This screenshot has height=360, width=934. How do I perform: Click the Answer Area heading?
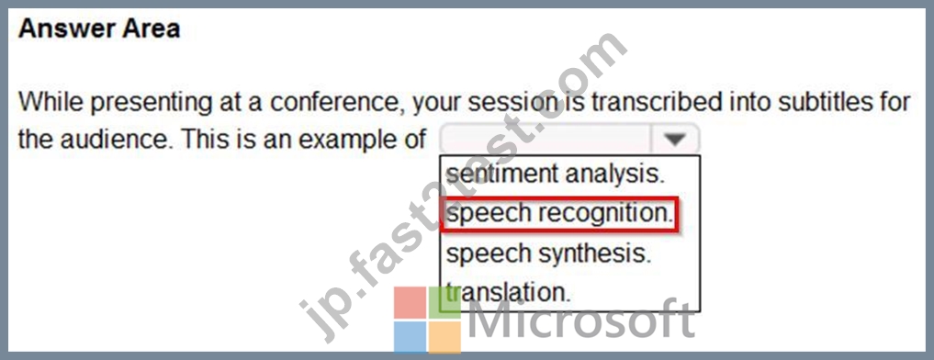click(x=99, y=29)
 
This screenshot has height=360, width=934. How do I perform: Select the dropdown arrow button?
click(x=675, y=140)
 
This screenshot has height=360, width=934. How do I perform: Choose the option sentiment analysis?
click(x=555, y=174)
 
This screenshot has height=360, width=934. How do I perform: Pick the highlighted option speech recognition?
click(x=559, y=213)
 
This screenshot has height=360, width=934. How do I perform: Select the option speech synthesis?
click(x=548, y=253)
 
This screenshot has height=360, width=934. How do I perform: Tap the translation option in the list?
click(x=508, y=292)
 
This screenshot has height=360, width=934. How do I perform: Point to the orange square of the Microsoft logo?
click(x=445, y=337)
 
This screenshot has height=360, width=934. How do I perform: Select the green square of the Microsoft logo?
click(x=445, y=302)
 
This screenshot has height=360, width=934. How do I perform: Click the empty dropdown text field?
click(x=546, y=140)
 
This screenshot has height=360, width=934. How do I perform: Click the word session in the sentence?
click(x=512, y=102)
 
